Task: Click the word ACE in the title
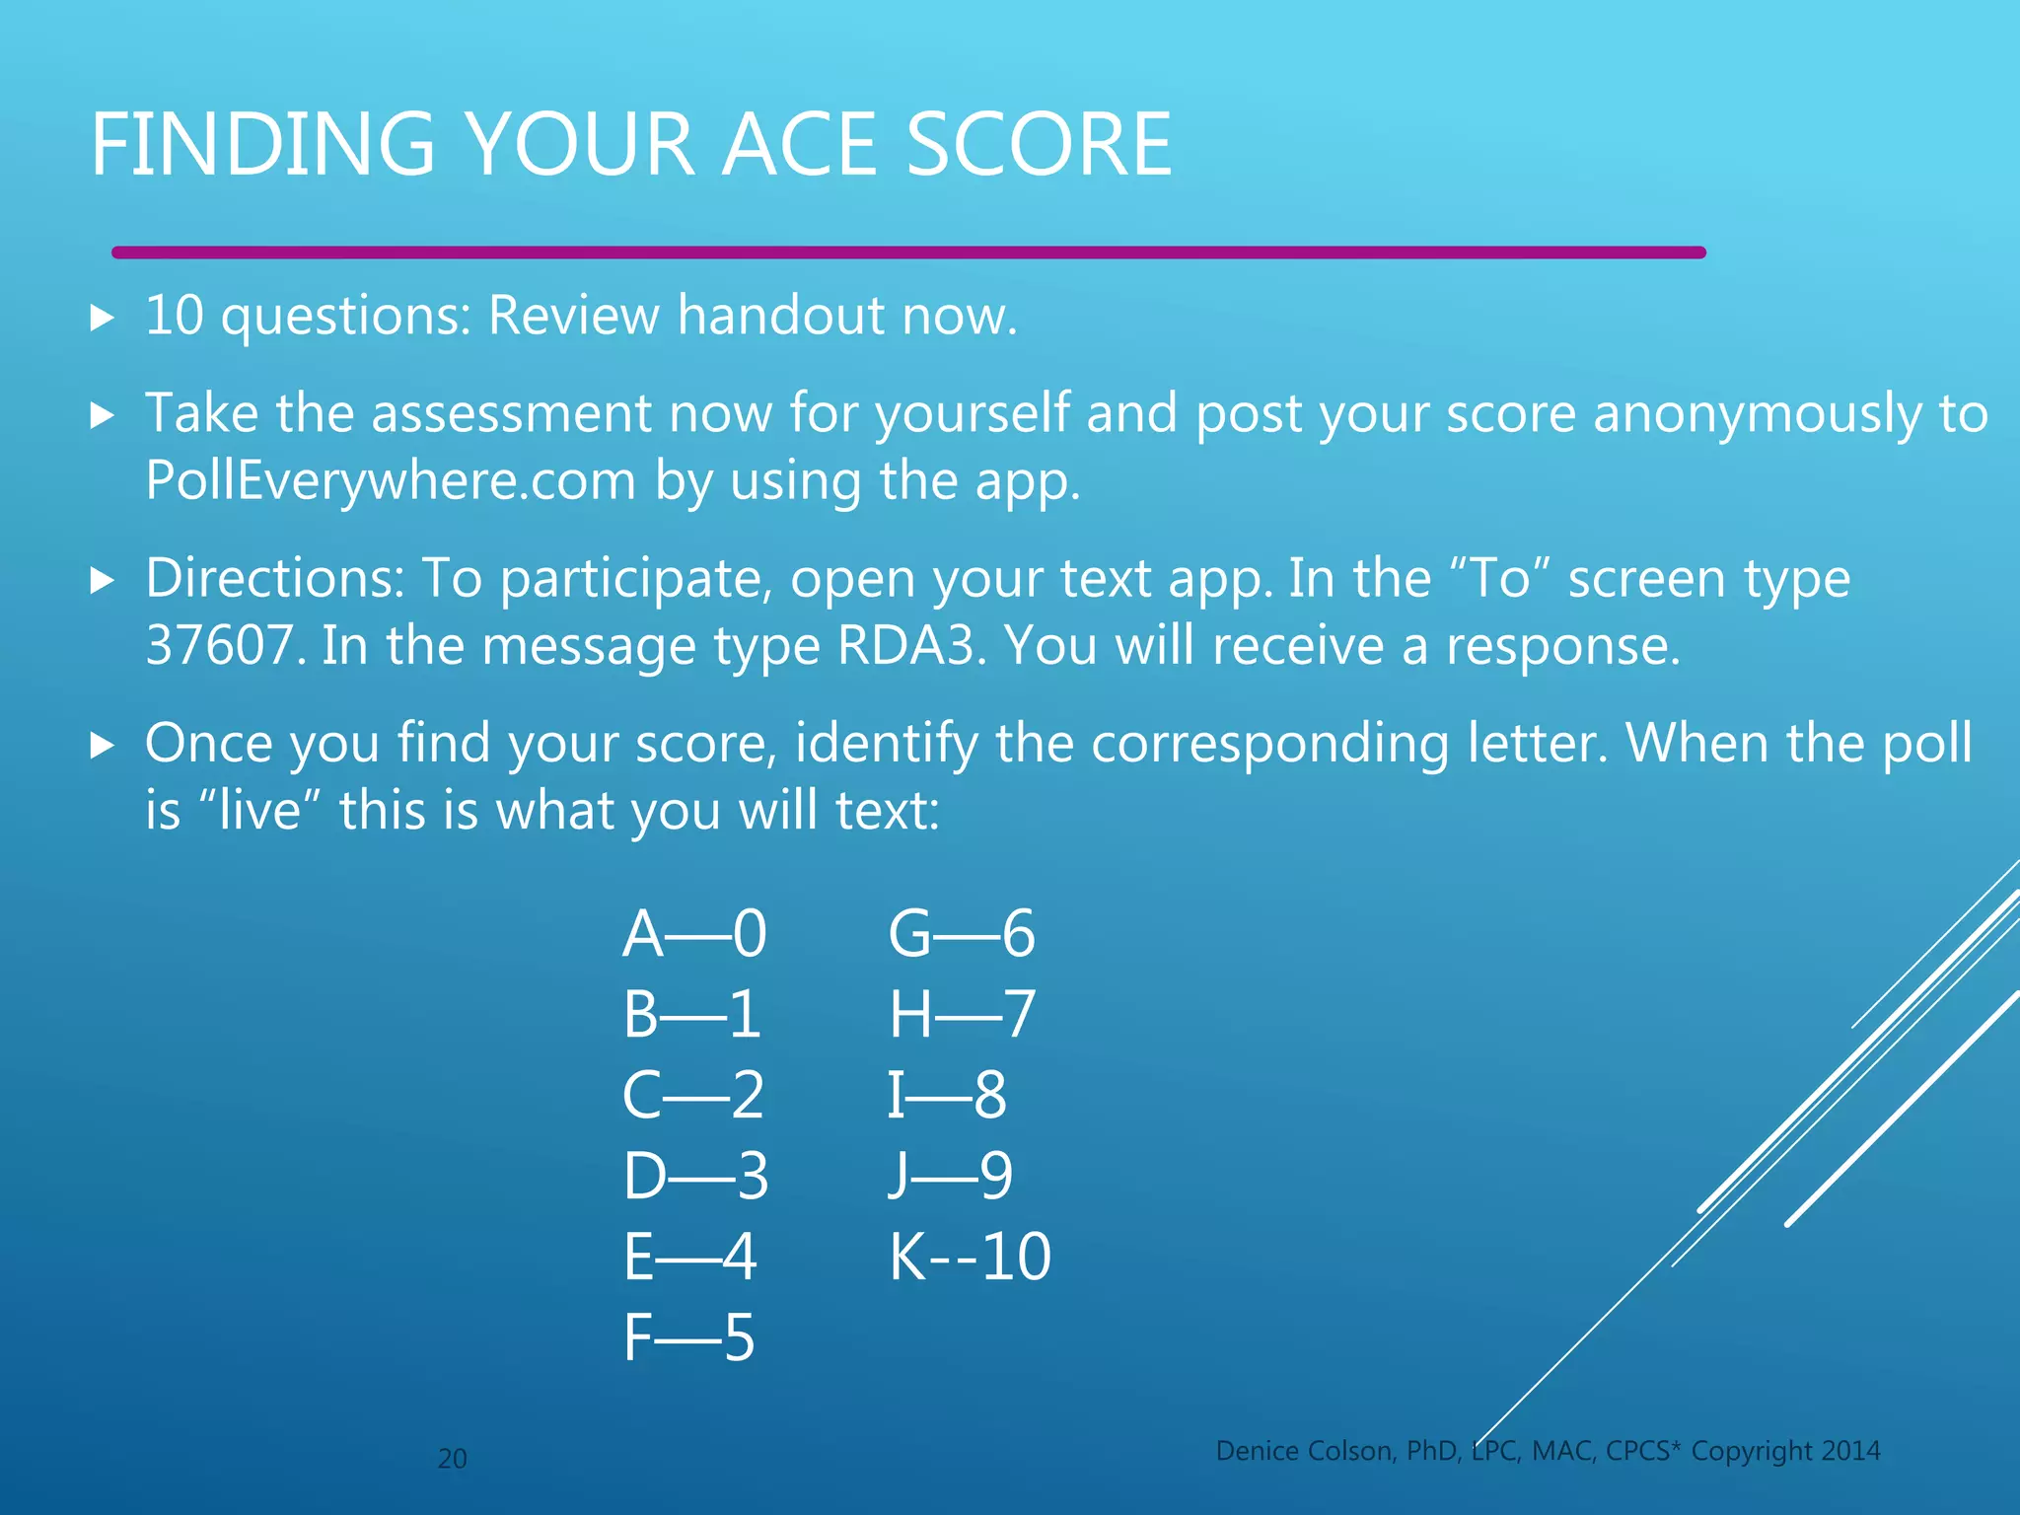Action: (x=801, y=145)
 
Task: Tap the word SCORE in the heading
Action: (x=1038, y=145)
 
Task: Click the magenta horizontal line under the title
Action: (x=907, y=252)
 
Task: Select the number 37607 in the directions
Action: (x=219, y=646)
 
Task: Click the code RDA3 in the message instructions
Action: (x=909, y=646)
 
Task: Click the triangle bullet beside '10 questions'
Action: (x=103, y=318)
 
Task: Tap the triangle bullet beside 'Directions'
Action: (x=103, y=580)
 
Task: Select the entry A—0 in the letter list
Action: (x=693, y=933)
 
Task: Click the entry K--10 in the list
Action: (x=970, y=1257)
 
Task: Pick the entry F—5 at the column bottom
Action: (x=688, y=1337)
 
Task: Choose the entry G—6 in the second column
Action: (x=962, y=933)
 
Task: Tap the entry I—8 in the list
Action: (x=947, y=1095)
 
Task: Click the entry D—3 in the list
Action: (x=695, y=1176)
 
